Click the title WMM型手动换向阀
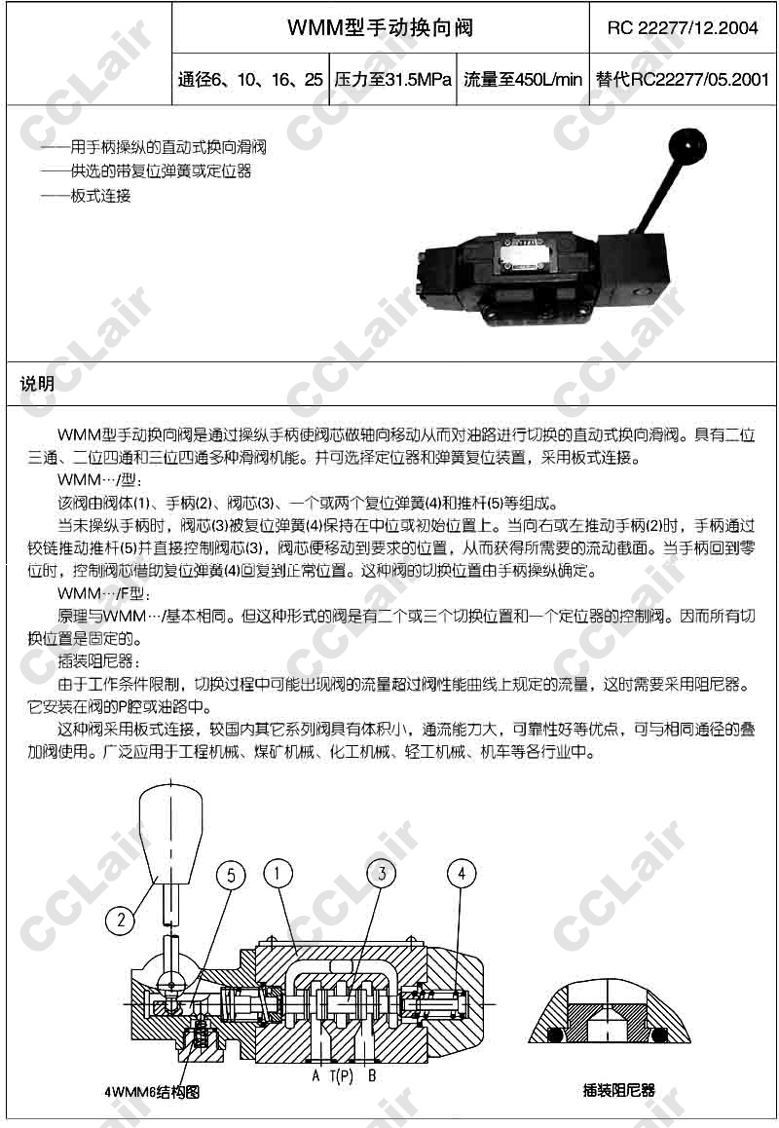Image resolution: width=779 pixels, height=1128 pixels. click(380, 27)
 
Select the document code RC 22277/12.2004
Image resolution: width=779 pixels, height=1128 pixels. click(683, 28)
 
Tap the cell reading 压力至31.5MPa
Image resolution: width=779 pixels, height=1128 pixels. click(392, 79)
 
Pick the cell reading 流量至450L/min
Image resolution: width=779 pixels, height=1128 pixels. click(523, 79)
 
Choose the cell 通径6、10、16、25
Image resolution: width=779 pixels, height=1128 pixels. click(250, 79)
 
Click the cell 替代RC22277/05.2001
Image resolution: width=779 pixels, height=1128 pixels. click(683, 79)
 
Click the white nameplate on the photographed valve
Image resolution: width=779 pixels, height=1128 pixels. click(528, 255)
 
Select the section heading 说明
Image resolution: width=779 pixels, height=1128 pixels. click(37, 384)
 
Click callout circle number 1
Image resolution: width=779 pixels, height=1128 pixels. click(278, 874)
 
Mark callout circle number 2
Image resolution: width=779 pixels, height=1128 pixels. click(120, 920)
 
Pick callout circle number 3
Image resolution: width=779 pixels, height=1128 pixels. click(382, 874)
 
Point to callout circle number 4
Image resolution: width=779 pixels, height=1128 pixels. click(462, 874)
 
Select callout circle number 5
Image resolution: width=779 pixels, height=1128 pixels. click(231, 875)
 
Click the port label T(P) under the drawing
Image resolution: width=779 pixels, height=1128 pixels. click(342, 1076)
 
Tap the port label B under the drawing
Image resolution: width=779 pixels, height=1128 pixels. click(372, 1076)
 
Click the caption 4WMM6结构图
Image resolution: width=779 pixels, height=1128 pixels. click(152, 1092)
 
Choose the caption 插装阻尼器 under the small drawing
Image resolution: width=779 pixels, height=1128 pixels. click(618, 1090)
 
